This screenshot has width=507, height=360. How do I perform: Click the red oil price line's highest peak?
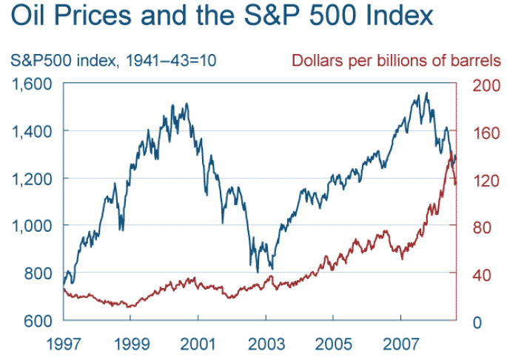[x=451, y=152]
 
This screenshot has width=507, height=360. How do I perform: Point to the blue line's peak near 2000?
[x=186, y=104]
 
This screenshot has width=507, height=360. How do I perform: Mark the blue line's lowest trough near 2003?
[x=257, y=272]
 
